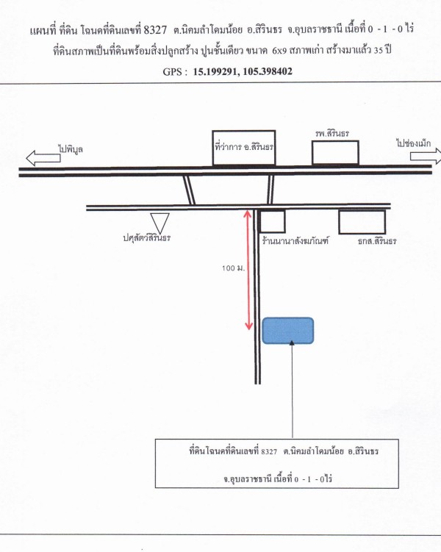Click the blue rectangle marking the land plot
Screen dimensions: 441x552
[x=288, y=331]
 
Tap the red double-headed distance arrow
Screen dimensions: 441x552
[x=248, y=270]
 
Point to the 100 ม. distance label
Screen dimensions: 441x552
[x=233, y=268]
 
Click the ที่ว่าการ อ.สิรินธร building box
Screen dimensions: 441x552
[x=243, y=148]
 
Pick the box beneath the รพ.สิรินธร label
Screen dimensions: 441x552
[x=335, y=153]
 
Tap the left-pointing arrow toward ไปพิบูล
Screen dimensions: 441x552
[x=43, y=158]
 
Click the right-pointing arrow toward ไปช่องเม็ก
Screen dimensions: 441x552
[x=426, y=156]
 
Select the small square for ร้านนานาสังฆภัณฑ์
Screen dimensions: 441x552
[x=273, y=222]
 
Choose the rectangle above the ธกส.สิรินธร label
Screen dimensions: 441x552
[x=362, y=222]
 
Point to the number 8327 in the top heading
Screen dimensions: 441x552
[x=155, y=30]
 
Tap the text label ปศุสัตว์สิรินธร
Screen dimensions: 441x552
[x=147, y=238]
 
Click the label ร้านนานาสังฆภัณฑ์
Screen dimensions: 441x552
[x=295, y=241]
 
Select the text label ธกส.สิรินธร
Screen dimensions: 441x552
[x=377, y=241]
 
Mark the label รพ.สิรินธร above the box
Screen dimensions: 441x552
[x=332, y=134]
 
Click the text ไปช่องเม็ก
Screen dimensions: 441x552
[x=413, y=143]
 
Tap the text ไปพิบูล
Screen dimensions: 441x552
[x=71, y=149]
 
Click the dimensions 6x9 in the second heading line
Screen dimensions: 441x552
[x=278, y=50]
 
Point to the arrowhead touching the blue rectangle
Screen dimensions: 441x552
[x=291, y=343]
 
